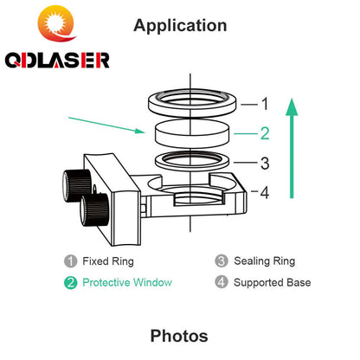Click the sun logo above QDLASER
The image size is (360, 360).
click(x=57, y=23)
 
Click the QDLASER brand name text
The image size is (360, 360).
click(x=57, y=60)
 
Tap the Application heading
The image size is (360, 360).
click(x=180, y=26)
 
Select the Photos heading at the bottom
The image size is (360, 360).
click(x=179, y=336)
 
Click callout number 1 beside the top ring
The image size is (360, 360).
click(x=265, y=104)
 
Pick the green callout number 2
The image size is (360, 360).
click(x=265, y=133)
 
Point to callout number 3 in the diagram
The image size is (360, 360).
click(x=265, y=164)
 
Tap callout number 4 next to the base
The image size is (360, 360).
click(x=265, y=192)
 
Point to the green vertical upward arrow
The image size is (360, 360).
click(x=292, y=148)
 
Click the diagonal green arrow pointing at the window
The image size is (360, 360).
click(x=106, y=125)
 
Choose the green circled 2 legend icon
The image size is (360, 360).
click(x=71, y=283)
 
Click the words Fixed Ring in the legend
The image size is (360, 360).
click(x=108, y=261)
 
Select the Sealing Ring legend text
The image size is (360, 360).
click(x=265, y=261)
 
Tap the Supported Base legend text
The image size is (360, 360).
click(x=273, y=283)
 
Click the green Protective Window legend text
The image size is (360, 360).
click(x=127, y=282)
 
